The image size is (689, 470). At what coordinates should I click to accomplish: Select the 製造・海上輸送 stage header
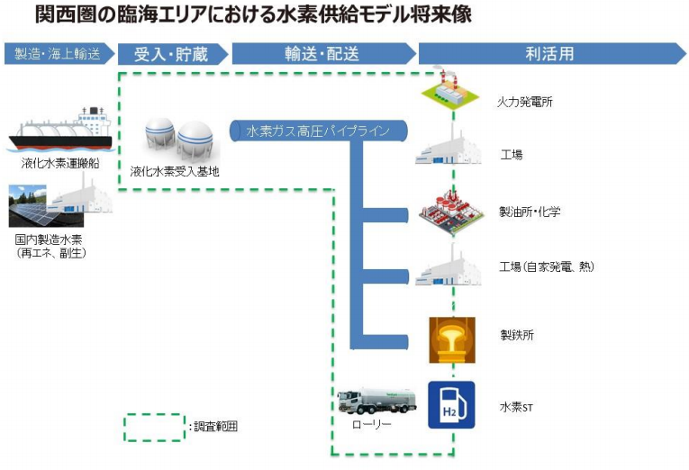click(x=56, y=54)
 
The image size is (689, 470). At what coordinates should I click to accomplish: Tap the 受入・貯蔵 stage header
click(x=170, y=54)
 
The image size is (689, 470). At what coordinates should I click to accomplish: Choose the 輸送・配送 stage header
click(x=322, y=54)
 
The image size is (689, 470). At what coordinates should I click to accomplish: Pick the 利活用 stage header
click(x=548, y=54)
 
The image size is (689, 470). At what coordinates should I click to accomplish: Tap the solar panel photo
click(x=34, y=206)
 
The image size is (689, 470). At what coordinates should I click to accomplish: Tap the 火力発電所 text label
click(x=526, y=102)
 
